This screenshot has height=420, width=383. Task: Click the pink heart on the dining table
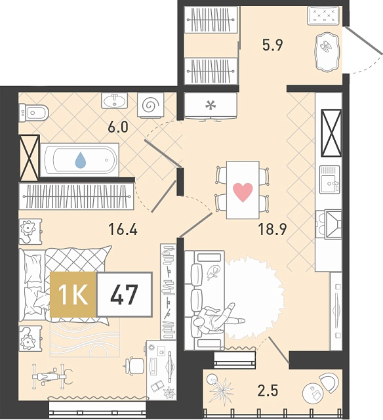point(243,192)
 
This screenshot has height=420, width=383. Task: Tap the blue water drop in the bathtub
point(81,160)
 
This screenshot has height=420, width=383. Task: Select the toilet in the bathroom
point(33,113)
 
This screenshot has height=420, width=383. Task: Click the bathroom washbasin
point(115,101)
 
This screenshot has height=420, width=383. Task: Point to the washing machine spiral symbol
point(150,105)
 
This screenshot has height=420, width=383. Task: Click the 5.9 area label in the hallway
point(272,45)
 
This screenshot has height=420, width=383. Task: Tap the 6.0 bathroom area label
point(118,127)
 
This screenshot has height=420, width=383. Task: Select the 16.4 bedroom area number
point(123,230)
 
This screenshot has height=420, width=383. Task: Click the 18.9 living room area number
point(272,229)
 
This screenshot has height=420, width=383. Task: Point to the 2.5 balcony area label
point(268,390)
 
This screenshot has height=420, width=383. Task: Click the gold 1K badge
point(73,295)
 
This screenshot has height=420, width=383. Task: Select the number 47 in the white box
point(124,295)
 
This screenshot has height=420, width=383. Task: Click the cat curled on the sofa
point(213,272)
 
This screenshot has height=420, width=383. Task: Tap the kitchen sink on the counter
point(330,179)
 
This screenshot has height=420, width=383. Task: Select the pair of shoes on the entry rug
point(325,46)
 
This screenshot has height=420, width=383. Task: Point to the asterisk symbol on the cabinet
point(211,106)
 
